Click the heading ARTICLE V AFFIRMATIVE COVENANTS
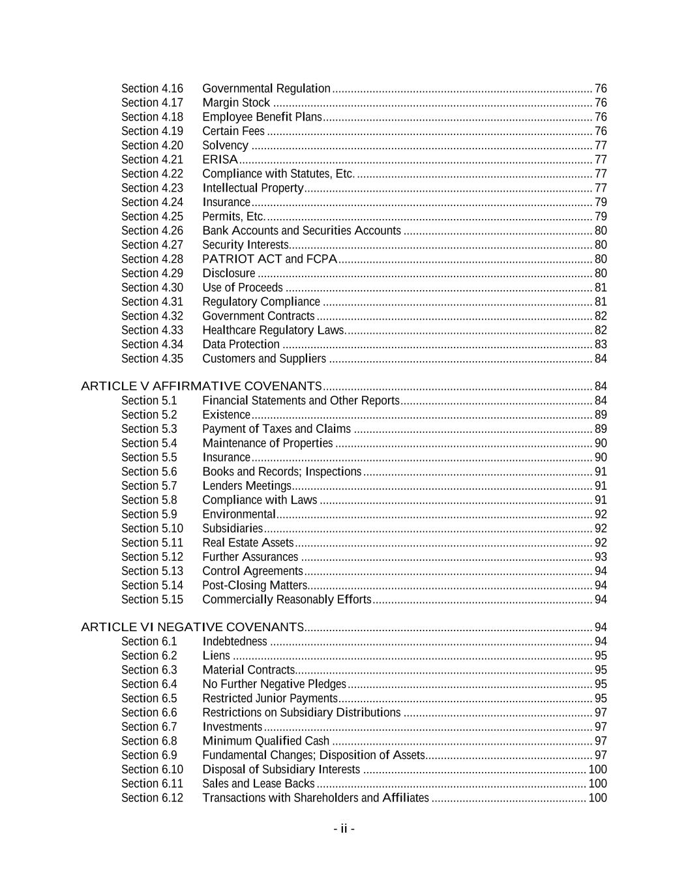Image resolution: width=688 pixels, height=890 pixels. click(202, 386)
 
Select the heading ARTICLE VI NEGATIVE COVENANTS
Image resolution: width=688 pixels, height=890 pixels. click(192, 627)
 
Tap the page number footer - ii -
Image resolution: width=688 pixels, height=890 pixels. click(344, 829)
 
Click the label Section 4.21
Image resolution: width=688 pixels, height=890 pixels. click(152, 160)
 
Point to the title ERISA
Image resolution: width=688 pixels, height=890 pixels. click(220, 160)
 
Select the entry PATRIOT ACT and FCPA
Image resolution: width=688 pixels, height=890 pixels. click(269, 259)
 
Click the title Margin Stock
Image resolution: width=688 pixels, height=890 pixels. click(236, 102)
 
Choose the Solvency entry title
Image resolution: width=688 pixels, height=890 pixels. click(225, 145)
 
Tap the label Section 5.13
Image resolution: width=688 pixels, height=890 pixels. click(152, 571)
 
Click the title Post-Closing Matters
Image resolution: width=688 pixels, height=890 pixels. click(254, 586)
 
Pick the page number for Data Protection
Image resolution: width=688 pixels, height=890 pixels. click(601, 344)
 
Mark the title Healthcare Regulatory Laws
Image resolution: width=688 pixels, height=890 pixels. click(273, 330)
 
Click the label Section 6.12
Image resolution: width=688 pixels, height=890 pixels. click(152, 798)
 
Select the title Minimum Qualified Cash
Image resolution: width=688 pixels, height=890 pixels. click(265, 741)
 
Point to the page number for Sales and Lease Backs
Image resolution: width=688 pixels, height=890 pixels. click(597, 784)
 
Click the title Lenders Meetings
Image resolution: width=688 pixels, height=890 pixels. click(247, 486)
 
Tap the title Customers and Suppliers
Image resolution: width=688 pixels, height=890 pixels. click(264, 359)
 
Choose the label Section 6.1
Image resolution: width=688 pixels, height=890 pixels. click(149, 642)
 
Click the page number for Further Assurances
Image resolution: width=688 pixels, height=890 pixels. click(601, 557)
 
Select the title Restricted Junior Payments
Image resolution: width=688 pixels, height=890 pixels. click(269, 698)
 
